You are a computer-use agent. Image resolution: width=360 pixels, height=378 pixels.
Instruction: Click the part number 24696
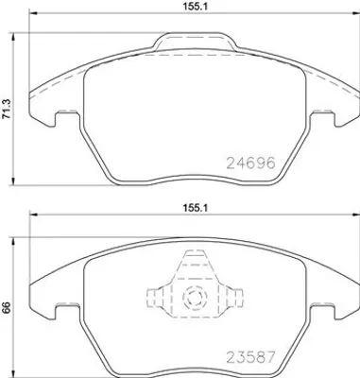tap(251, 163)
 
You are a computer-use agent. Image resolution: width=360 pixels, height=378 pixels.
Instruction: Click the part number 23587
tap(251, 357)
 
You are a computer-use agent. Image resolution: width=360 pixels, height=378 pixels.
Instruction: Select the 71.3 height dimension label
tap(7, 109)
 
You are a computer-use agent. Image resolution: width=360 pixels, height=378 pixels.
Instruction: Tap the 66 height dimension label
tap(7, 307)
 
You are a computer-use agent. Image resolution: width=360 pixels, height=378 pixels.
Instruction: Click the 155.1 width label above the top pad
tap(195, 7)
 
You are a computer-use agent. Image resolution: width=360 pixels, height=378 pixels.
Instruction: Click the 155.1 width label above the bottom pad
tap(195, 208)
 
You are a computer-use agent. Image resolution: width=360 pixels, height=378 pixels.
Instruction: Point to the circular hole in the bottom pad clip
tap(195, 297)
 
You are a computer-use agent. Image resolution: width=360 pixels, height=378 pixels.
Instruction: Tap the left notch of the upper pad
tap(67, 119)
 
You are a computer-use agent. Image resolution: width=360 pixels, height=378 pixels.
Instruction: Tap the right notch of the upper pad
tap(323, 119)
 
